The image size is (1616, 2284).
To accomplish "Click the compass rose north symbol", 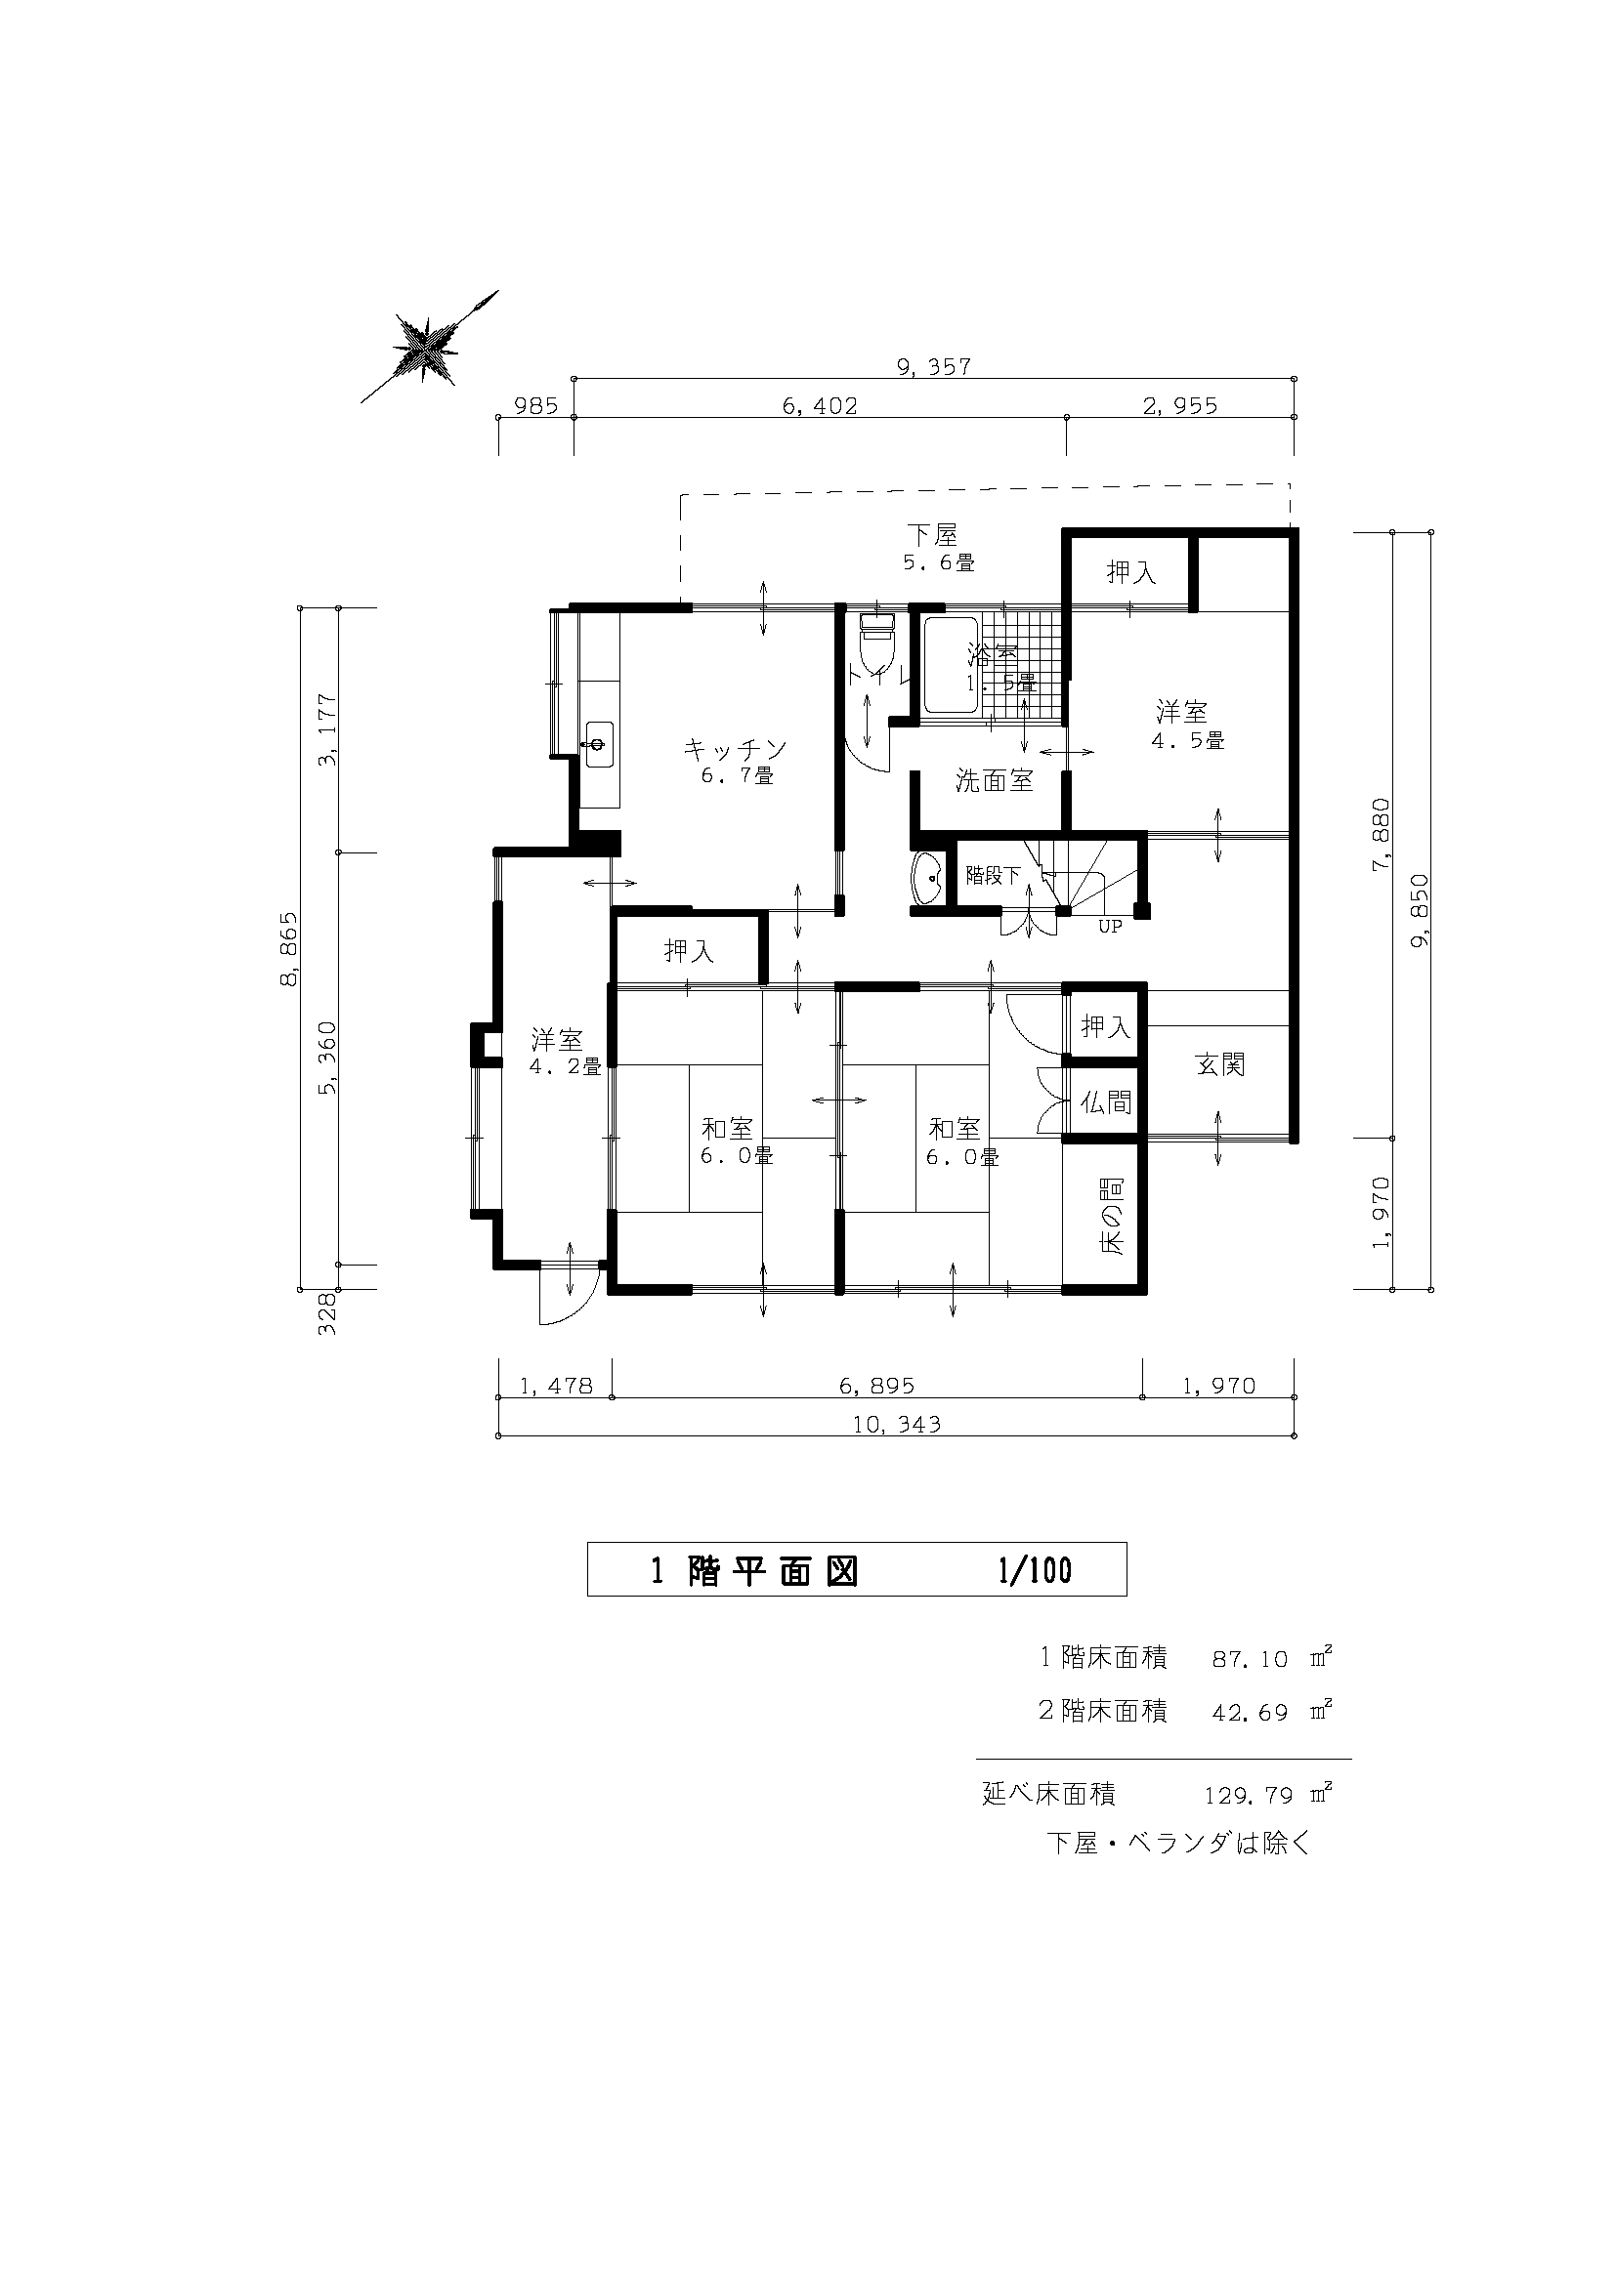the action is (428, 348).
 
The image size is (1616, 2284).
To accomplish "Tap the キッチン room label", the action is (736, 748).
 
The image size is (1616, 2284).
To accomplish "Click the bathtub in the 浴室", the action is (950, 665).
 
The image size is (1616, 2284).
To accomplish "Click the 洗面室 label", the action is (994, 781).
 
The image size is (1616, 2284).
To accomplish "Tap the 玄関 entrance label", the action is (1220, 1065).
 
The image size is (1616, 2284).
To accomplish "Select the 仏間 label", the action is (1106, 1102).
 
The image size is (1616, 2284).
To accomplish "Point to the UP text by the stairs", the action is (1110, 927).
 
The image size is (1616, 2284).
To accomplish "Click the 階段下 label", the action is (993, 876).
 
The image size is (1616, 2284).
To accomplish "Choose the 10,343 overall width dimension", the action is (897, 1425).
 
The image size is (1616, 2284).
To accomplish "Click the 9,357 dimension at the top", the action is (933, 367).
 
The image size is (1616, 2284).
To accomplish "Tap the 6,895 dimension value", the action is (876, 1386).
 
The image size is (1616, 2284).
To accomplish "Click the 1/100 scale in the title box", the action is (1035, 1571).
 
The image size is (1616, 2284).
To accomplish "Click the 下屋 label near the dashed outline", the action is (931, 535).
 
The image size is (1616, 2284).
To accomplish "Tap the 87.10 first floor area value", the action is (1249, 1659).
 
